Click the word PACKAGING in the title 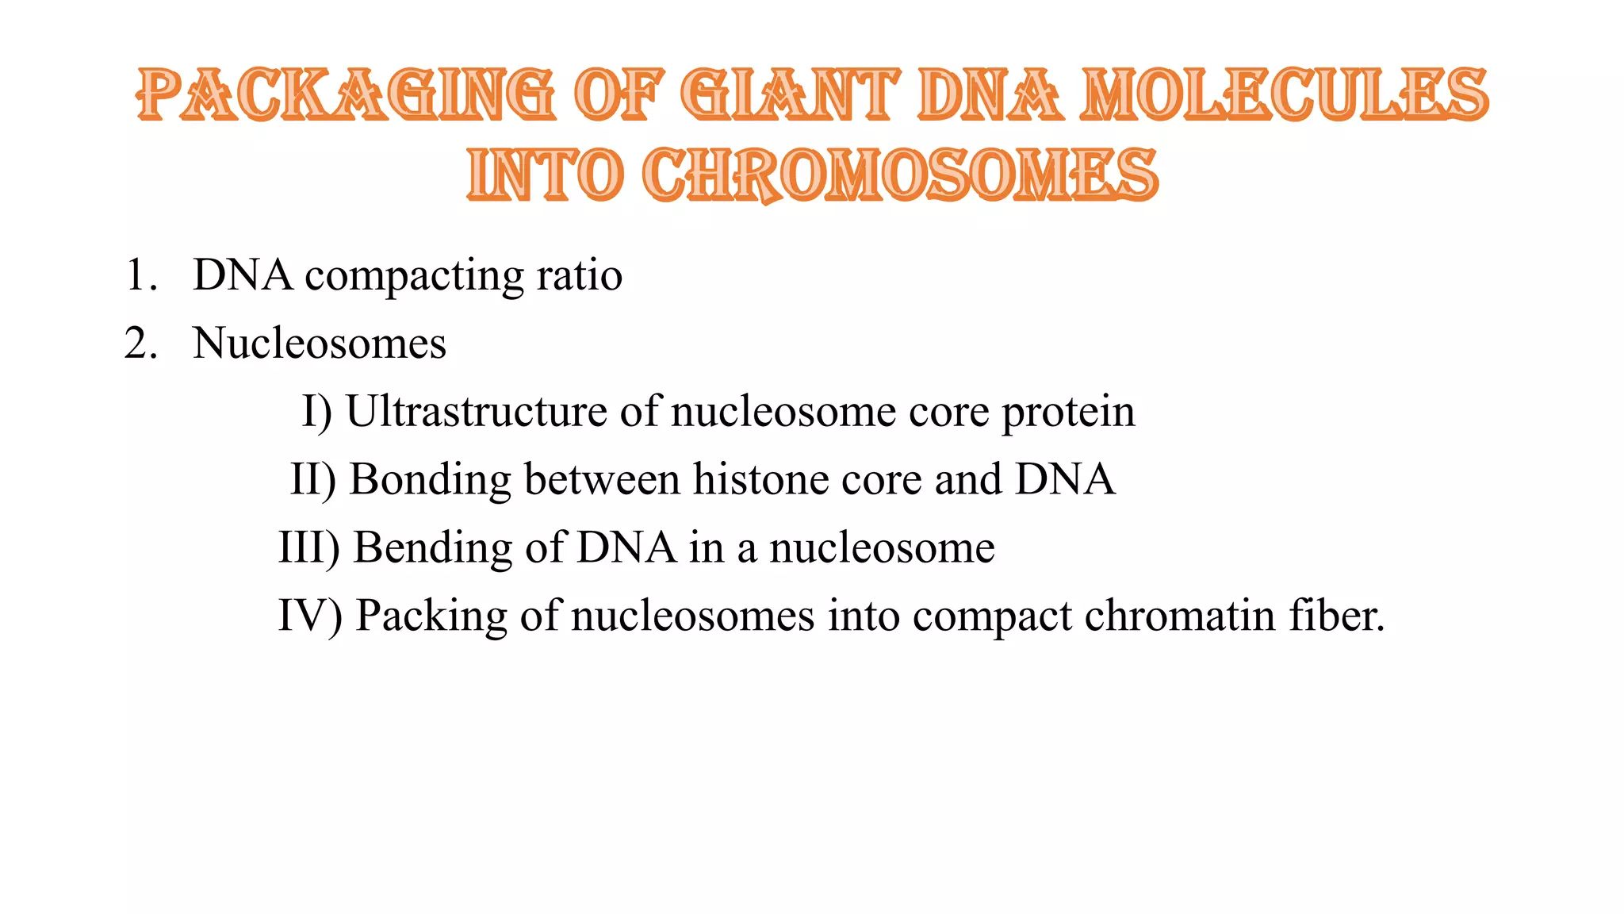click(345, 95)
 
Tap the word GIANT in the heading click(790, 95)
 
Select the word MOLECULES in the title click(1285, 95)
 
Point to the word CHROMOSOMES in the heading click(900, 175)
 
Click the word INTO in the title click(545, 175)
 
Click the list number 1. click(141, 275)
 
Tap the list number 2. click(141, 344)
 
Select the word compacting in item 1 click(414, 277)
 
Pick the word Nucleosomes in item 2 click(320, 344)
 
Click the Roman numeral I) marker click(316, 412)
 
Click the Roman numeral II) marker click(313, 480)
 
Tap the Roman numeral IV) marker click(310, 616)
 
